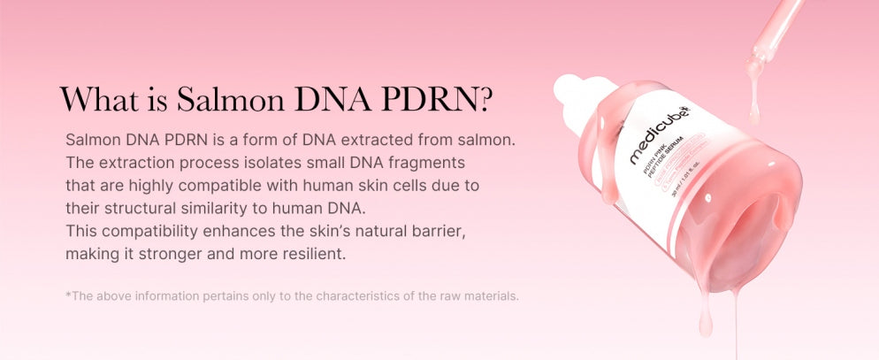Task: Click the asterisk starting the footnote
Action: click(x=68, y=295)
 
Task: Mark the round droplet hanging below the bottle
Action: click(x=705, y=326)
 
